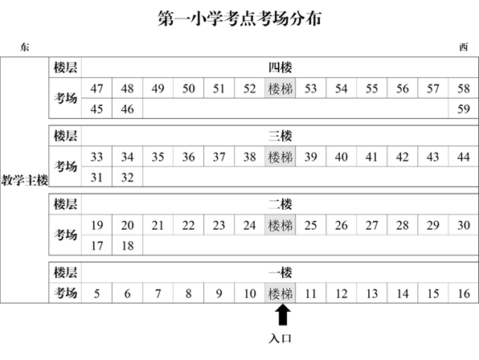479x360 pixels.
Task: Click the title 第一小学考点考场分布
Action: click(x=239, y=18)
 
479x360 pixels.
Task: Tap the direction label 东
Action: click(x=25, y=47)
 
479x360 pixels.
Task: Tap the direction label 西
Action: click(x=464, y=47)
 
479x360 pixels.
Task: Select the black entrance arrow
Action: click(x=283, y=314)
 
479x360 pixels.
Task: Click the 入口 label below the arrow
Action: click(x=280, y=338)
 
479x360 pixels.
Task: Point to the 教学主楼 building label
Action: click(x=25, y=180)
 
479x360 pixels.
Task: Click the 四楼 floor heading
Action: click(x=280, y=67)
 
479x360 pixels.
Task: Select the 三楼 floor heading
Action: click(x=280, y=136)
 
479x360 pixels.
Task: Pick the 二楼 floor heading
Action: click(x=280, y=204)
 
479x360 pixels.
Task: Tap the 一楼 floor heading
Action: click(x=280, y=272)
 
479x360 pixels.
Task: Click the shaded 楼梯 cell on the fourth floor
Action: click(x=280, y=88)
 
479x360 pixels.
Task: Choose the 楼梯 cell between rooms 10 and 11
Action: click(x=280, y=293)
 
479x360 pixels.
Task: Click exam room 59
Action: click(x=464, y=108)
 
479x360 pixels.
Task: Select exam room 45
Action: click(x=96, y=108)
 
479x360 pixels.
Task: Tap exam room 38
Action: click(x=250, y=157)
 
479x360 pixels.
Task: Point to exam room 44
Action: click(x=464, y=157)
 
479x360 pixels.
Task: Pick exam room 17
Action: click(x=96, y=246)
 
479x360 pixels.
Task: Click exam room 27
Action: click(x=372, y=225)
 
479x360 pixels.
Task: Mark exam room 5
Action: click(x=96, y=293)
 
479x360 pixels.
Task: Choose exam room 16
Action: click(x=464, y=293)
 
